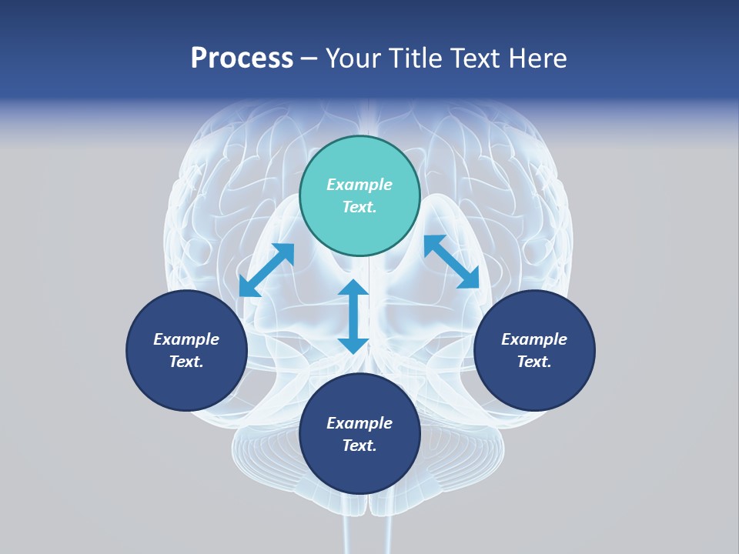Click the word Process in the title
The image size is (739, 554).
click(242, 58)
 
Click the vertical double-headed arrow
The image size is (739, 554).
click(353, 316)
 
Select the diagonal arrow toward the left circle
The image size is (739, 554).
click(266, 269)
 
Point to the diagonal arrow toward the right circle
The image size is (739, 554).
click(452, 262)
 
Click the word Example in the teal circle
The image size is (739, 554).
click(359, 185)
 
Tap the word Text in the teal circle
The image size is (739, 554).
click(359, 207)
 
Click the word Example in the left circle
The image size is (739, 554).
click(186, 339)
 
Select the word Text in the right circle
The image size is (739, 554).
click(534, 362)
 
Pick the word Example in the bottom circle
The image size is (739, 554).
click(359, 423)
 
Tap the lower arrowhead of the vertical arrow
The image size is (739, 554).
click(353, 344)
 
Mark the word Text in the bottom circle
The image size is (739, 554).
click(359, 446)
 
